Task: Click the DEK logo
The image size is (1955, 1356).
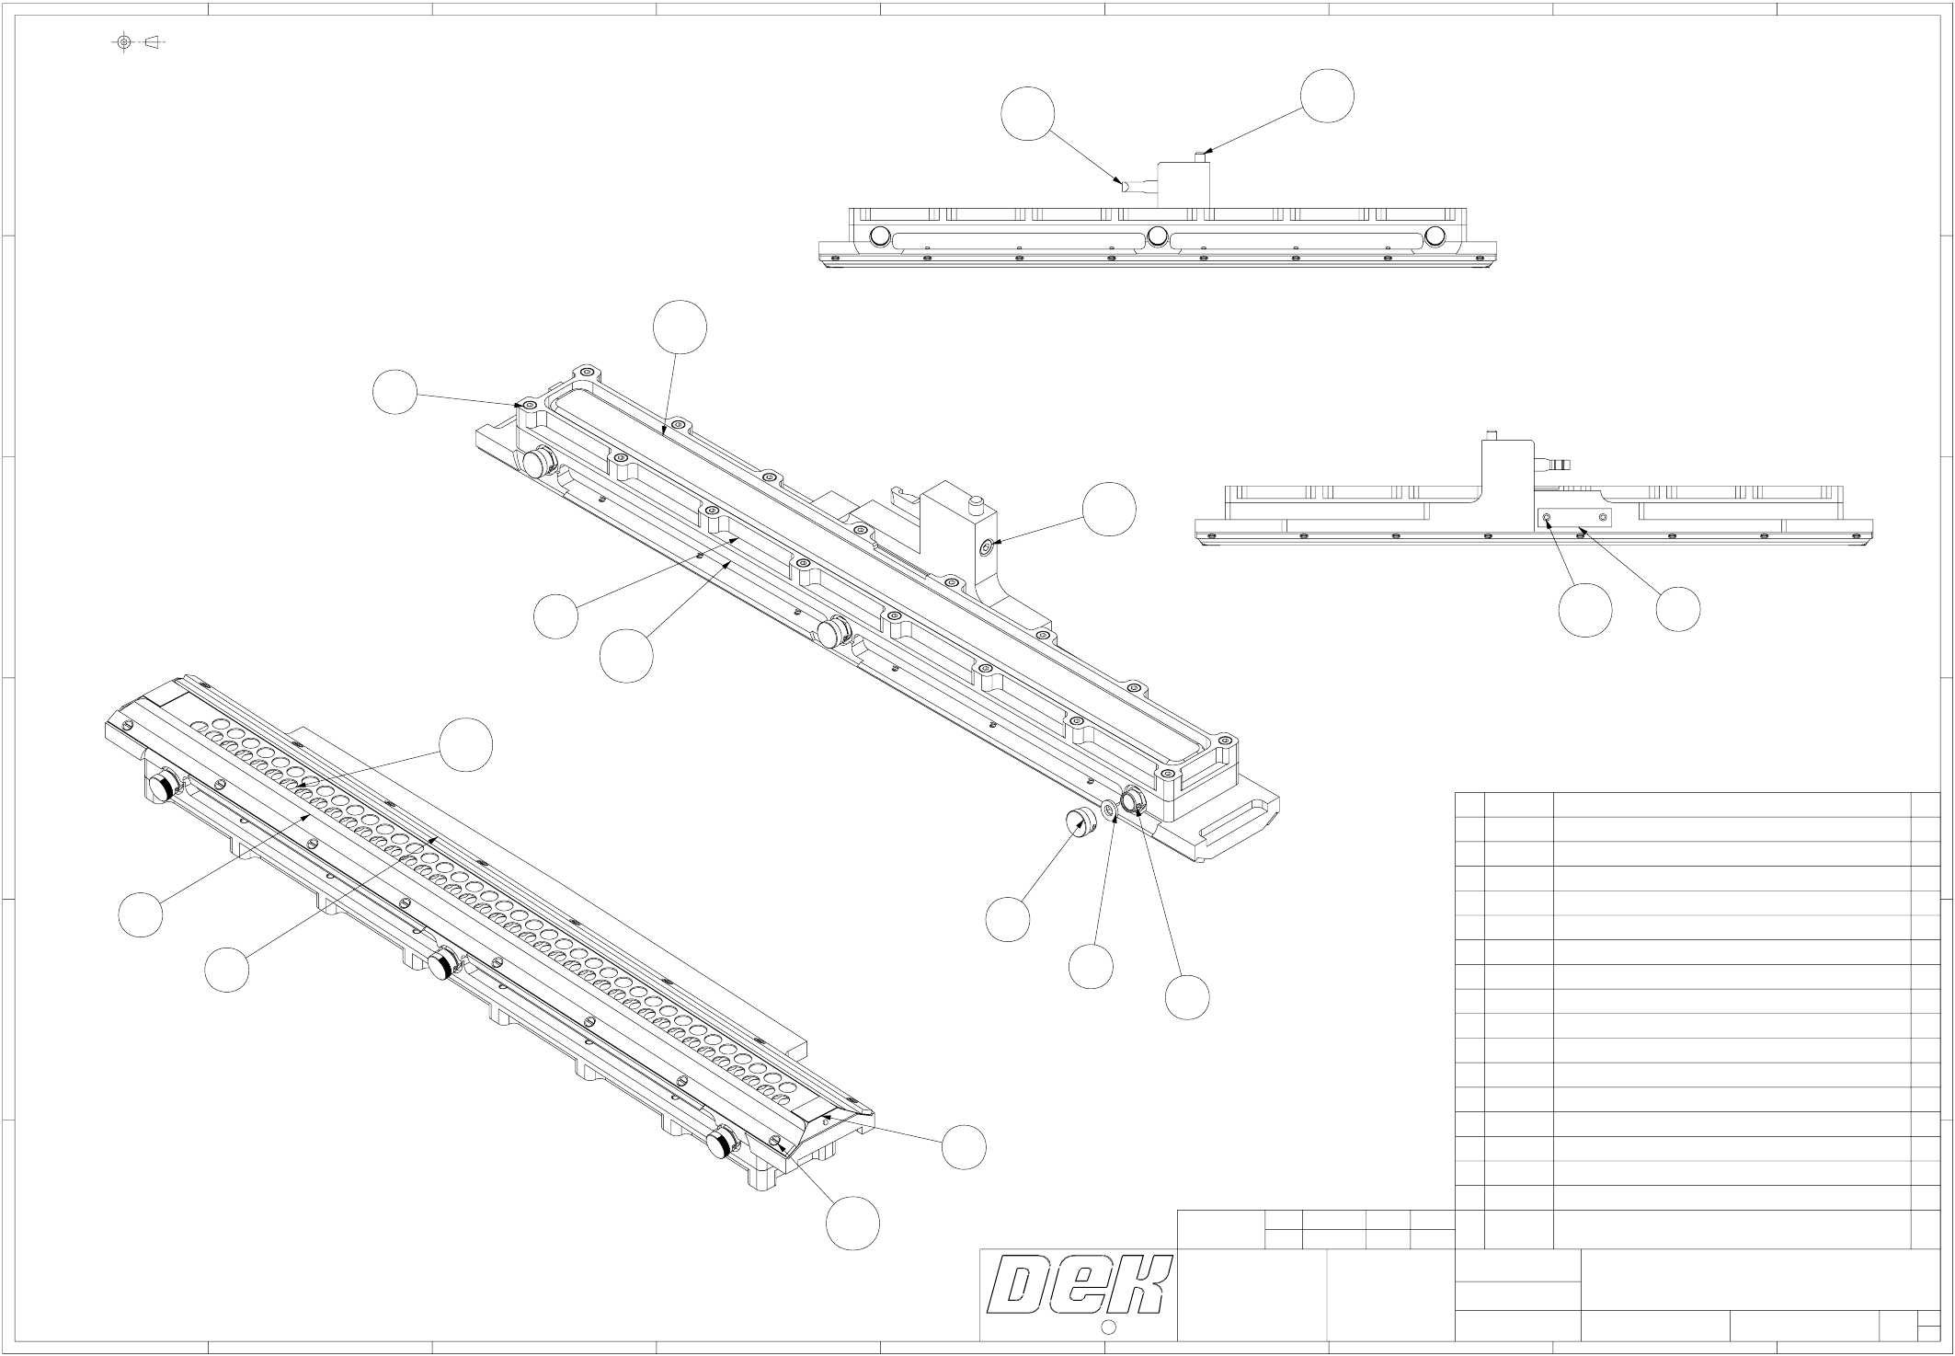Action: (1079, 1285)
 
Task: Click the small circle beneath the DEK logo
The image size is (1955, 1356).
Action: (1108, 1327)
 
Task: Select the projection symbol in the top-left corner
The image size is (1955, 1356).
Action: (138, 42)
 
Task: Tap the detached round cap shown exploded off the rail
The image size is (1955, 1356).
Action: (1079, 821)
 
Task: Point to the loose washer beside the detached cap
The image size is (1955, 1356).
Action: (1109, 810)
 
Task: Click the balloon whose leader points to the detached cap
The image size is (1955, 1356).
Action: (1008, 919)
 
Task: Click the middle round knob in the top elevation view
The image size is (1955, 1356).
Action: (1158, 237)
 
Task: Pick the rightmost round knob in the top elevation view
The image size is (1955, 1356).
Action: (1435, 237)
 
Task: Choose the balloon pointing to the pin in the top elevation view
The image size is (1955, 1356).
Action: (1327, 95)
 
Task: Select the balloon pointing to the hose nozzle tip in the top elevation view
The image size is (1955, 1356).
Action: (1028, 114)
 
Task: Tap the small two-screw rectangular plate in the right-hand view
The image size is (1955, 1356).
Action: (1574, 518)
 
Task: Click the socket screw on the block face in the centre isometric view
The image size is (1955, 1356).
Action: (987, 546)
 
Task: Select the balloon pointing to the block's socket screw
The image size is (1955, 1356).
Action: (1109, 509)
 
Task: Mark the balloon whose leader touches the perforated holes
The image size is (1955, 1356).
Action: (465, 745)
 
